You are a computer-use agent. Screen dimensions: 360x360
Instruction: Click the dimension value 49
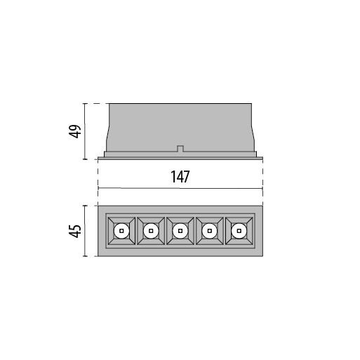coord(75,131)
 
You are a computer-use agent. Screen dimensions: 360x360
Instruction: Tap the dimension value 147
coord(180,177)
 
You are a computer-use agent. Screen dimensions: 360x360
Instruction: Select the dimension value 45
coord(75,231)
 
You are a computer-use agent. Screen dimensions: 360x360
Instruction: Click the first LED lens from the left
coord(121,231)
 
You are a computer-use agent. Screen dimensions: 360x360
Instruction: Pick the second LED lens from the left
coord(151,231)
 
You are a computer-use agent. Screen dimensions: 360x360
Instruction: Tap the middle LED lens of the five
coord(180,231)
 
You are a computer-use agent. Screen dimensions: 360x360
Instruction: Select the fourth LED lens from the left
coord(210,231)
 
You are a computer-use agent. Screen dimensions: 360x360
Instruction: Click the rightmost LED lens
coord(239,231)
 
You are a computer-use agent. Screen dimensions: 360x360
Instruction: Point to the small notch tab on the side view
coord(180,149)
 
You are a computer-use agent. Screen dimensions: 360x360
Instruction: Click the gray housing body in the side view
coord(180,128)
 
